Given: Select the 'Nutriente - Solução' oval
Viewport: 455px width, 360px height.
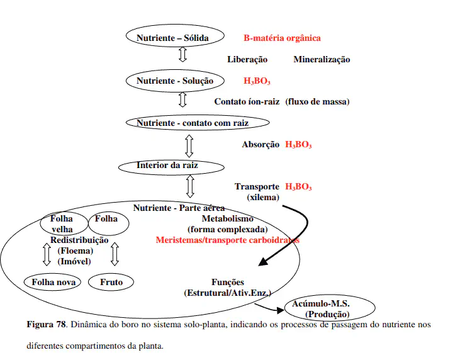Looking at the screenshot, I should coord(175,81).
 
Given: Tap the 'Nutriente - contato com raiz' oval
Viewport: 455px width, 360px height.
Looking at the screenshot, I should coord(193,123).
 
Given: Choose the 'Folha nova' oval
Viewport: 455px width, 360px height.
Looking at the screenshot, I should coord(53,282).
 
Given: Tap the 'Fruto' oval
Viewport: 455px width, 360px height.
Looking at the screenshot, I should coord(111,282).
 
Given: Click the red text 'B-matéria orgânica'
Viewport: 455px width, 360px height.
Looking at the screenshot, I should coord(282,38).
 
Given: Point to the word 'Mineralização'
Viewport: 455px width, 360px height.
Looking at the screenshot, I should coord(322,60).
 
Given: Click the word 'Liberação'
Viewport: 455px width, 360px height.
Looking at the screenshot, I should coord(247,60).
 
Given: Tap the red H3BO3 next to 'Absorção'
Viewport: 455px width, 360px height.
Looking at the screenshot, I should coord(298,145).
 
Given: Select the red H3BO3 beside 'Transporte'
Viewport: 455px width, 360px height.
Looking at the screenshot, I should coord(298,187).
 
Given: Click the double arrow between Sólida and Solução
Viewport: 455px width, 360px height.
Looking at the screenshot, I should coord(183,53).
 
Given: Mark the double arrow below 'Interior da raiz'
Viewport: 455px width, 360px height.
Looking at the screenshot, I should coord(190,186).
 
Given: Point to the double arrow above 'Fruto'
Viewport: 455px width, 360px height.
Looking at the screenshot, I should coord(115,254).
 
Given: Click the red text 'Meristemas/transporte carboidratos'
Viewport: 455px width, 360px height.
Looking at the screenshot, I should coord(228,240).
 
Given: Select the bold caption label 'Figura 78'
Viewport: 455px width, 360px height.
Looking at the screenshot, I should coord(46,325).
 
